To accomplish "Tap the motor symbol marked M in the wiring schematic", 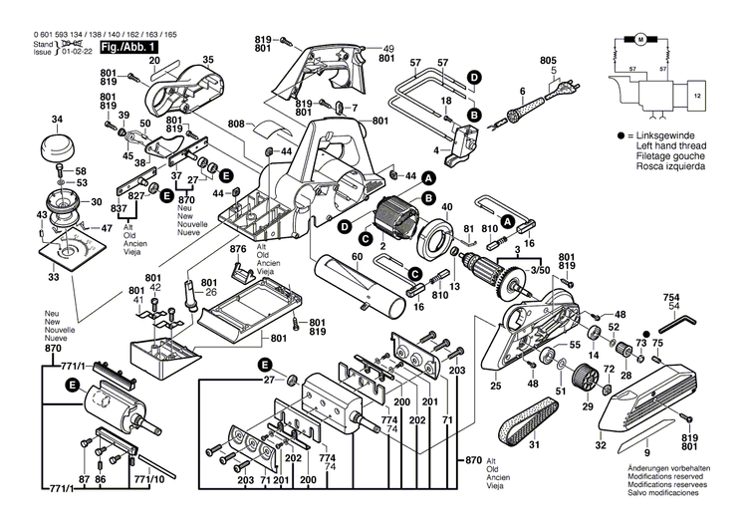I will [639, 39].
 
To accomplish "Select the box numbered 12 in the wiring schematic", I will [696, 97].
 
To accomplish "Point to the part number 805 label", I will [548, 61].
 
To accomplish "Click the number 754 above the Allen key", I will [674, 298].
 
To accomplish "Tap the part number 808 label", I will [236, 125].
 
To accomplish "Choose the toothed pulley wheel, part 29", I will [585, 378].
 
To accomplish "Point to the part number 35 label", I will [207, 61].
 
